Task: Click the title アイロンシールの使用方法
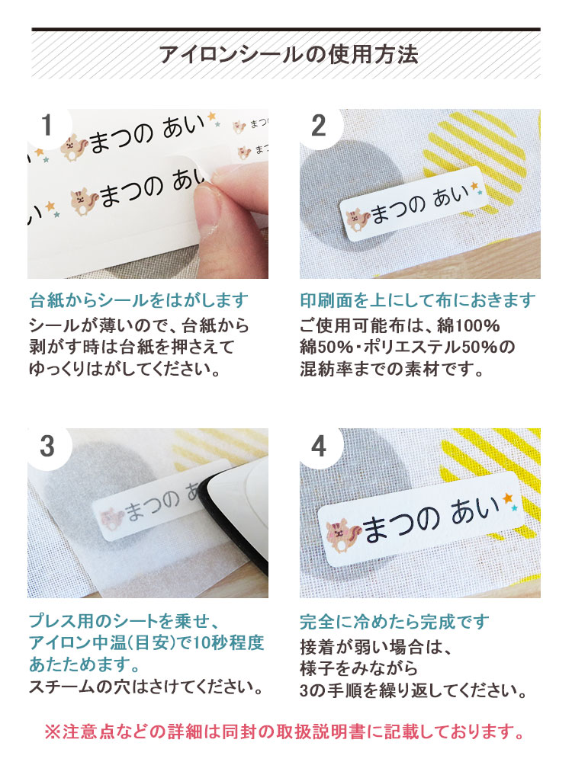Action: [288, 55]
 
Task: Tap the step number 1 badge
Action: [47, 125]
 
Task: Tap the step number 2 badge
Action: [319, 125]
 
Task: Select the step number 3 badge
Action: [47, 446]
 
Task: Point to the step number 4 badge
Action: [319, 446]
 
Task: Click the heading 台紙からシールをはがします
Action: [139, 299]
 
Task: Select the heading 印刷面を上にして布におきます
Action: [417, 299]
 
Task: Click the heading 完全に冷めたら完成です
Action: [394, 622]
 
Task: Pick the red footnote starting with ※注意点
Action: [286, 733]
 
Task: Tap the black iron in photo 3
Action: [236, 518]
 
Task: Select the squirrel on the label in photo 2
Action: [355, 218]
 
